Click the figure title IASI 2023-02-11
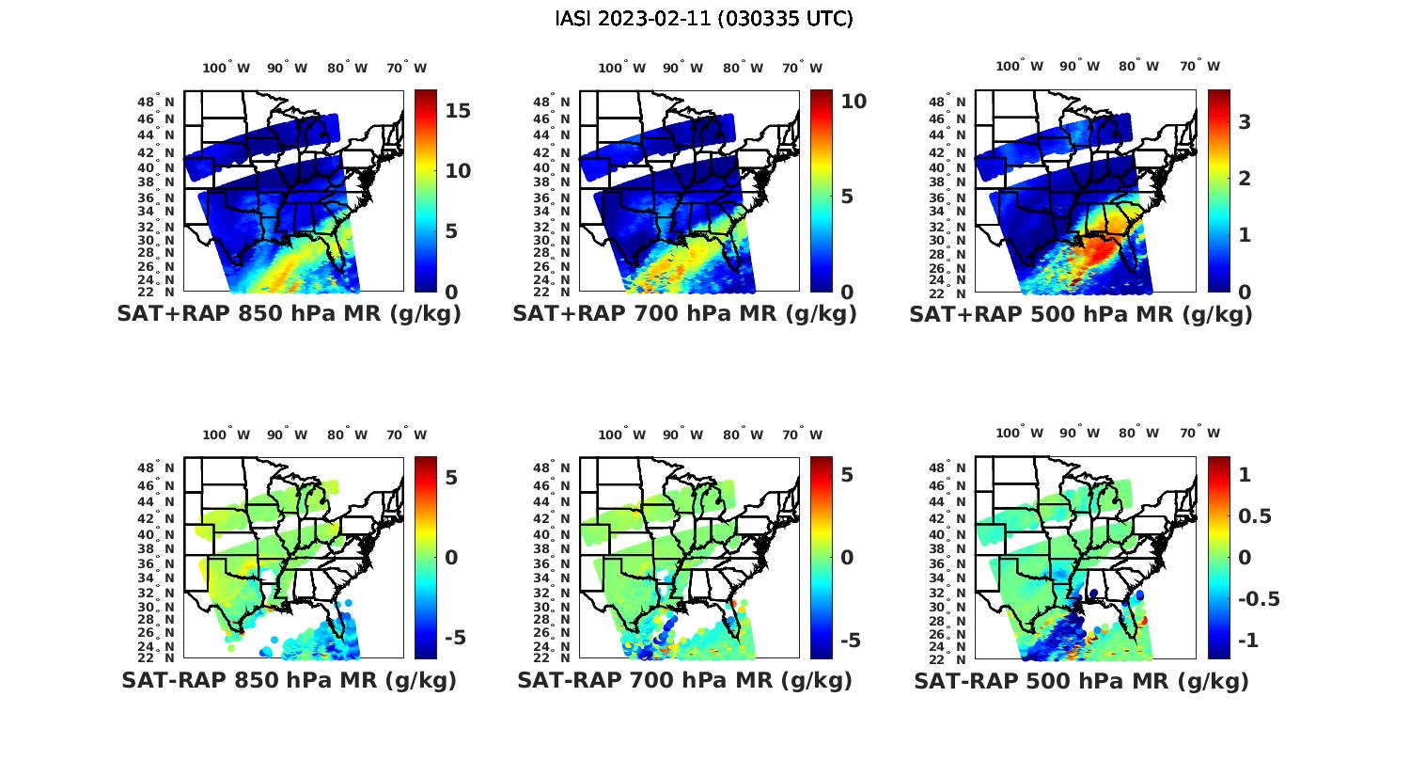tap(704, 19)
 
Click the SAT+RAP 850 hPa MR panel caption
tap(289, 314)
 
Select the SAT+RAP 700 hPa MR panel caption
tap(684, 314)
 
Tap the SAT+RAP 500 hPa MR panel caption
tap(1081, 314)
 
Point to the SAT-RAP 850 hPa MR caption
tap(289, 680)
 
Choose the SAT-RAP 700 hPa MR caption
tap(684, 680)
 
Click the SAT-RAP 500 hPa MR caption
tap(1081, 681)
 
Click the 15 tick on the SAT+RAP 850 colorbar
tap(458, 111)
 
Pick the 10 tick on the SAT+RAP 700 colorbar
tap(854, 102)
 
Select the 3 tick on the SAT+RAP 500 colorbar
tap(1245, 121)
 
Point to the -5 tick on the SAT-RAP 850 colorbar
tap(453, 638)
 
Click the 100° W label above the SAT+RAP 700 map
tap(621, 68)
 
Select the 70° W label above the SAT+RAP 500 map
tap(1199, 66)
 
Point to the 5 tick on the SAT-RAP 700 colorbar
tap(847, 475)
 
